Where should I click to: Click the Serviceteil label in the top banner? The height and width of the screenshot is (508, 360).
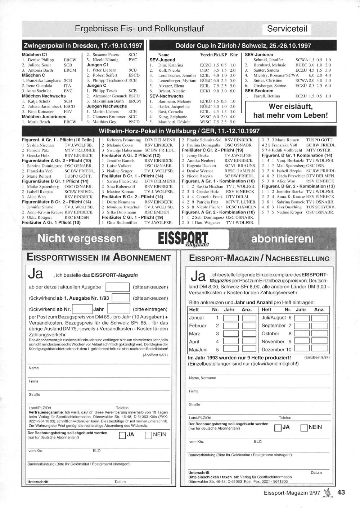pyautogui.click(x=287, y=29)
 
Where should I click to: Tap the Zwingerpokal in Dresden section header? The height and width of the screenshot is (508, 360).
pyautogui.click(x=83, y=46)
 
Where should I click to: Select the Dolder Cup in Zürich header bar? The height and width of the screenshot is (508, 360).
pyautogui.click(x=243, y=46)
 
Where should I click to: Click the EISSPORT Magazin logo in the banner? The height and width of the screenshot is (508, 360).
pyautogui.click(x=183, y=239)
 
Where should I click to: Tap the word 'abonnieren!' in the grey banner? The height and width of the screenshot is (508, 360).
pyautogui.click(x=282, y=239)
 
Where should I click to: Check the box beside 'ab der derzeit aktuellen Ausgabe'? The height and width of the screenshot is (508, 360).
pyautogui.click(x=117, y=287)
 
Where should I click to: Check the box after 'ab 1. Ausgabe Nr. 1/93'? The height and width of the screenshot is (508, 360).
pyautogui.click(x=121, y=298)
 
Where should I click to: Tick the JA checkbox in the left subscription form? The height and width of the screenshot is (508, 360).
pyautogui.click(x=122, y=435)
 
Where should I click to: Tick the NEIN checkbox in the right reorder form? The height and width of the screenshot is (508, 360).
pyautogui.click(x=304, y=428)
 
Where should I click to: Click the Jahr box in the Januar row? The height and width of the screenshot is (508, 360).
pyautogui.click(x=230, y=318)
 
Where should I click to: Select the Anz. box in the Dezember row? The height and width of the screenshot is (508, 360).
pyautogui.click(x=319, y=349)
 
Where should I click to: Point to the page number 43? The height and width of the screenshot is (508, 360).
pyautogui.click(x=341, y=492)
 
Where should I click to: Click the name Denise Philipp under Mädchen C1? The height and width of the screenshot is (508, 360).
pyautogui.click(x=41, y=60)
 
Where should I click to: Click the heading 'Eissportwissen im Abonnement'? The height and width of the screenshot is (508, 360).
pyautogui.click(x=99, y=258)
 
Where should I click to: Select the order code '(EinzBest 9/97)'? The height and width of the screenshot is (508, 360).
pyautogui.click(x=317, y=357)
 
